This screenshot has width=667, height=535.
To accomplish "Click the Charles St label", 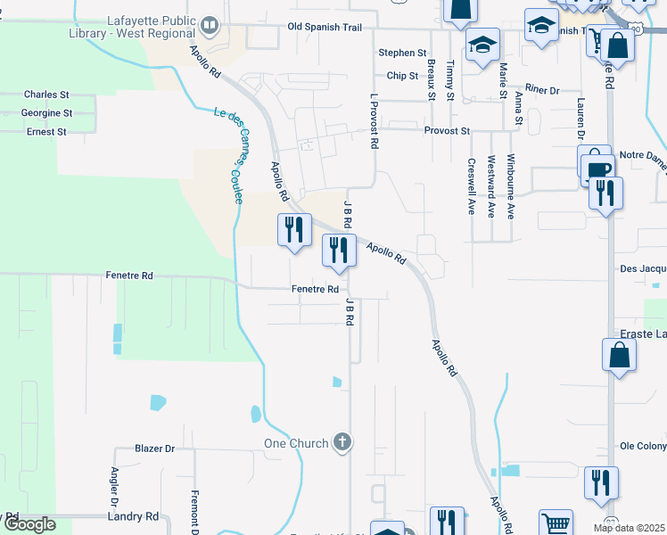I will [x=46, y=95].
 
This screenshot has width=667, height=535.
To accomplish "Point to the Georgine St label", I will [x=47, y=113].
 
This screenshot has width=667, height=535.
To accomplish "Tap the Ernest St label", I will [x=46, y=132].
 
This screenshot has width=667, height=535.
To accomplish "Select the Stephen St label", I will [x=402, y=53].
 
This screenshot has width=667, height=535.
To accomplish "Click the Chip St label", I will [x=402, y=76].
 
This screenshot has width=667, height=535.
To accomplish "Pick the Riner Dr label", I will [x=541, y=90].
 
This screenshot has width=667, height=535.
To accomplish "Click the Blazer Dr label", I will [x=154, y=449].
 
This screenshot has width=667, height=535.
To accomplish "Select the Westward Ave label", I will [x=490, y=187].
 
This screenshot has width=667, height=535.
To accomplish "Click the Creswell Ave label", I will [x=471, y=187].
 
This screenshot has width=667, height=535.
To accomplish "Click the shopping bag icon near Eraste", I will [x=620, y=355].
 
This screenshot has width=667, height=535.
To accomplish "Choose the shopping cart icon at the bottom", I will [x=556, y=523].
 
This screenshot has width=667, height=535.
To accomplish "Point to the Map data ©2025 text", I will [x=630, y=528].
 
